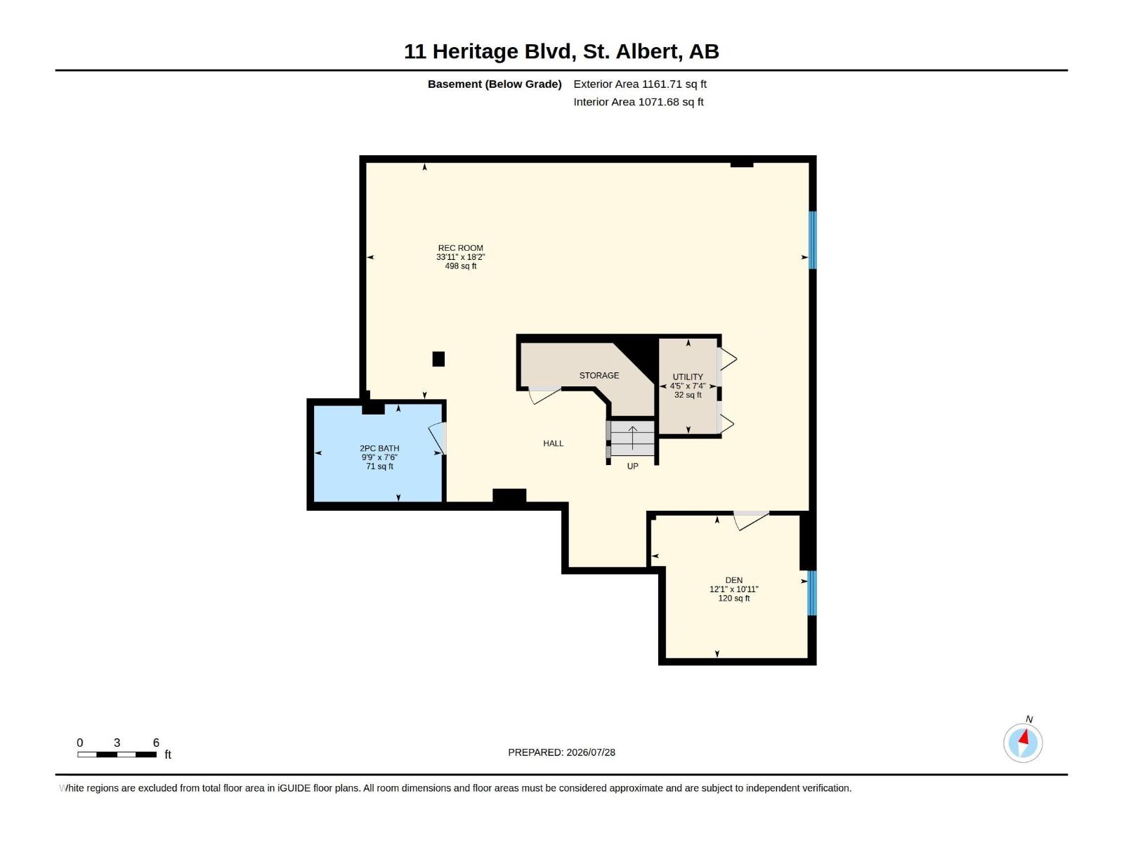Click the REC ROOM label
coord(460,248)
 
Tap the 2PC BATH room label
coord(379,448)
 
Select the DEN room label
coord(734,580)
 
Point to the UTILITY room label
coord(688,377)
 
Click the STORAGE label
coord(599,376)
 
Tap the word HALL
coord(553,444)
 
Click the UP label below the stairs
coord(632,466)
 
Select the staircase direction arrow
coord(633,438)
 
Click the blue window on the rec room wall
coord(812,240)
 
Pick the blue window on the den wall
coord(811,593)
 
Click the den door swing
coord(751,521)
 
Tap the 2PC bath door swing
coord(437,438)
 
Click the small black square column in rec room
coord(438,359)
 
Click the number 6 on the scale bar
coord(156,743)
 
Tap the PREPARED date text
coord(562,752)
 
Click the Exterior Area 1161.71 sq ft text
coord(640,84)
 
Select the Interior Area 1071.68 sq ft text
coord(639,102)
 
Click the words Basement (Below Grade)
coord(495,84)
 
